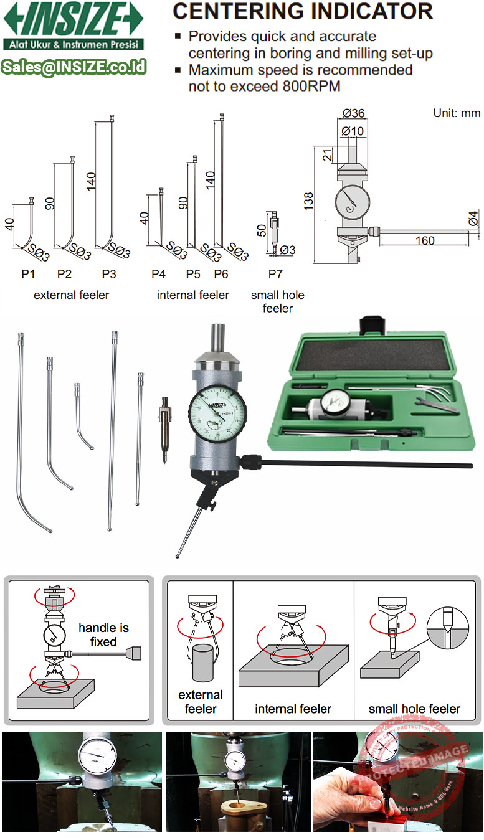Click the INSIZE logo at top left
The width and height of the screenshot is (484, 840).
click(x=74, y=19)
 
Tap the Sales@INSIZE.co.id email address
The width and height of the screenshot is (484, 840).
click(x=74, y=67)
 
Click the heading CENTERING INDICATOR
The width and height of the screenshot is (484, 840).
click(x=302, y=11)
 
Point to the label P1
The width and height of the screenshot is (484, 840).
click(x=28, y=274)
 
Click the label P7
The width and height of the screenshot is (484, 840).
click(x=275, y=274)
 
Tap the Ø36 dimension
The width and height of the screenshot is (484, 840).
click(x=353, y=113)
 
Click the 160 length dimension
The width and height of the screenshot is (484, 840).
click(x=424, y=241)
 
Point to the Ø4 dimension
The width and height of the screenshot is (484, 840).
click(x=473, y=218)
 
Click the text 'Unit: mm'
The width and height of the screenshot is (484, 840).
click(x=457, y=113)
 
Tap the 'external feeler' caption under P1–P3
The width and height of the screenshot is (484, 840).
click(x=71, y=295)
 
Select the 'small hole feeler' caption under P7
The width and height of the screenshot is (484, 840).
click(x=278, y=301)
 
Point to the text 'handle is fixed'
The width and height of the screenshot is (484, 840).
click(x=103, y=635)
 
